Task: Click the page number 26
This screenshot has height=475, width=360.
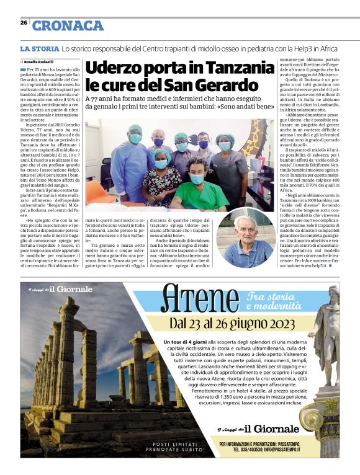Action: pos(24,23)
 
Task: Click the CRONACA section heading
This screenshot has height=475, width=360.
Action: pos(68,25)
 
